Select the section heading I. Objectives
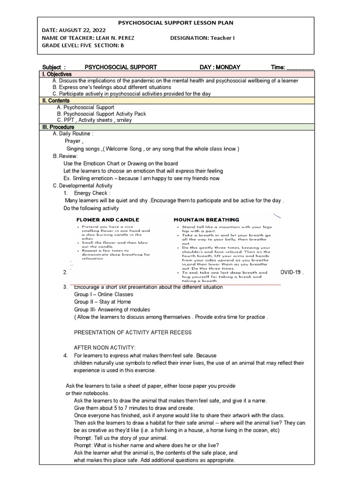(x=57, y=74)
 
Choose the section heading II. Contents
(x=56, y=100)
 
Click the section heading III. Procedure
(x=58, y=127)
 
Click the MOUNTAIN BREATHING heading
(x=206, y=219)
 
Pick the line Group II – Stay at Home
(x=103, y=302)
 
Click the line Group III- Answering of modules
(x=112, y=309)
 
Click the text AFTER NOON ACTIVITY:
(x=105, y=347)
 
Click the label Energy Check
(x=92, y=193)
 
